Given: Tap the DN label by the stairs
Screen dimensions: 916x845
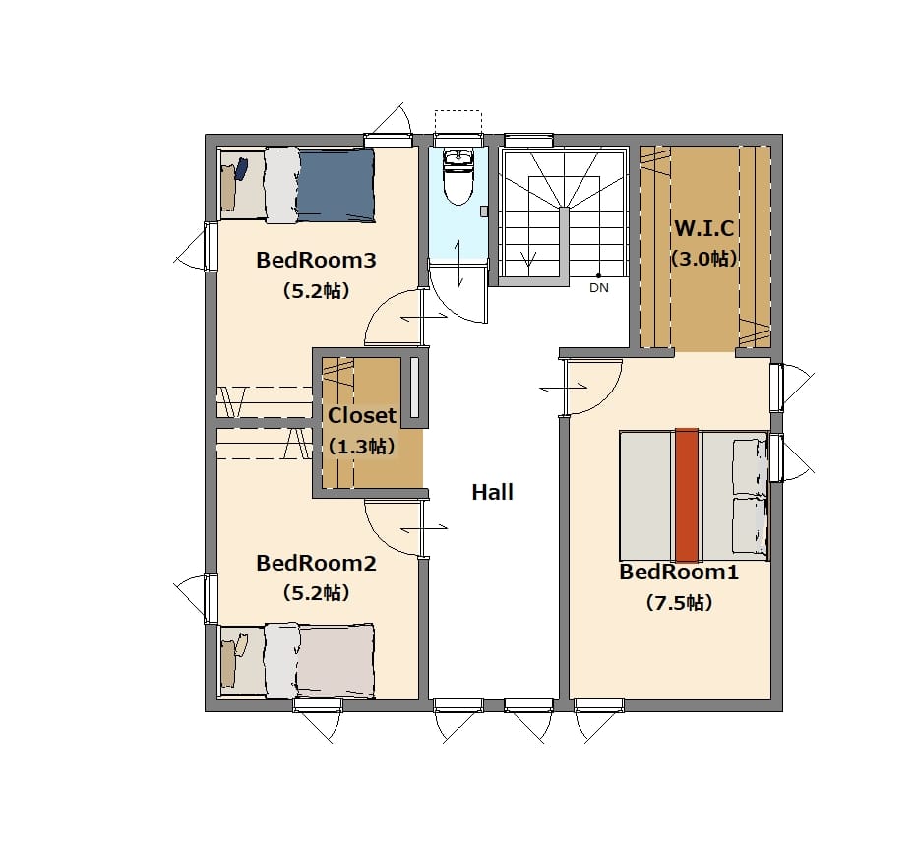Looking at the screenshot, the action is pyautogui.click(x=599, y=288).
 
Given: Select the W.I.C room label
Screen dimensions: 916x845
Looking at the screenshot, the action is pyautogui.click(x=703, y=228).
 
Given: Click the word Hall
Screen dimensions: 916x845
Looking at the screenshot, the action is pyautogui.click(x=493, y=492).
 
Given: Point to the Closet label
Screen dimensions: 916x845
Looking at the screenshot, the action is pyautogui.click(x=362, y=416).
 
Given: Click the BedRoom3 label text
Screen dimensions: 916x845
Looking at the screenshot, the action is pyautogui.click(x=316, y=260).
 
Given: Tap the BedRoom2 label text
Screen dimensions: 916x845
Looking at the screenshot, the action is pyautogui.click(x=316, y=563).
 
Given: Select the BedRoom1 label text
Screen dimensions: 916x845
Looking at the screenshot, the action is pyautogui.click(x=679, y=572).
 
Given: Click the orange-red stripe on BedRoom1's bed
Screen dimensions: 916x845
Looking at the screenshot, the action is pyautogui.click(x=687, y=495).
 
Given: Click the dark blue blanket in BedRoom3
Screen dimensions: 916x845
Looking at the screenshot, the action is pyautogui.click(x=336, y=186).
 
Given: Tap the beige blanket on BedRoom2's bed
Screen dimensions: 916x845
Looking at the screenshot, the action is pyautogui.click(x=336, y=660).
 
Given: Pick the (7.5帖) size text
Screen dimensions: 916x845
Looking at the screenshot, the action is pyautogui.click(x=679, y=602).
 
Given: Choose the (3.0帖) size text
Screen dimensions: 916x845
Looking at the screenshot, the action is pyautogui.click(x=703, y=258).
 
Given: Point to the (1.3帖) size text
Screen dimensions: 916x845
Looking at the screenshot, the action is pyautogui.click(x=362, y=447).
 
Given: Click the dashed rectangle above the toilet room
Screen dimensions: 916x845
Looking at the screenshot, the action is pyautogui.click(x=458, y=122).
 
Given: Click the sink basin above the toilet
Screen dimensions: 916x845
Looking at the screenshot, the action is pyautogui.click(x=458, y=156).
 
